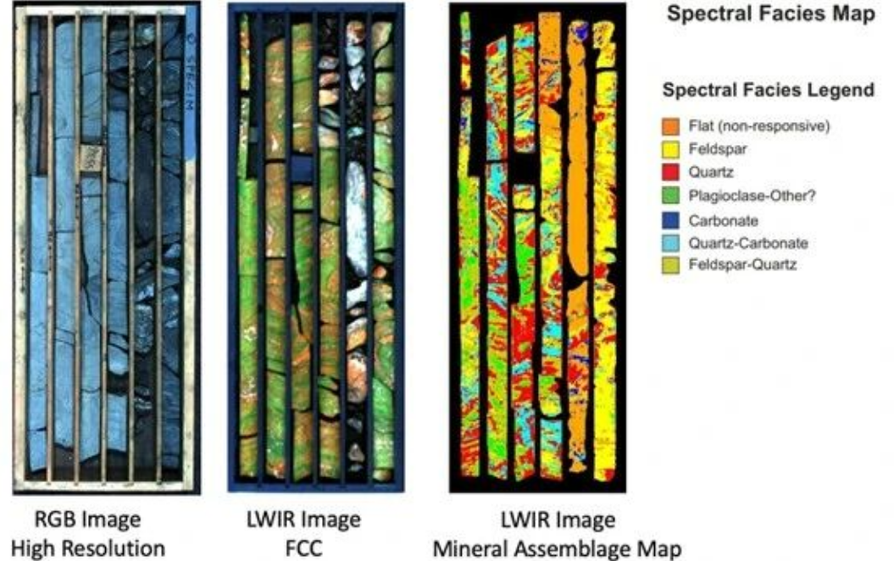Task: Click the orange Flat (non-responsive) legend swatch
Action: [x=670, y=126]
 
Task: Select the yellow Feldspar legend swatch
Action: [x=670, y=149]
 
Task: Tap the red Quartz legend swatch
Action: [x=670, y=172]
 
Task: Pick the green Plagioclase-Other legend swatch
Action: [x=670, y=196]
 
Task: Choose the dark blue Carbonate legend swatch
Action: [x=670, y=220]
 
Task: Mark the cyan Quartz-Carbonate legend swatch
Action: [x=670, y=243]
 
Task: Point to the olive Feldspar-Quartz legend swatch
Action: [x=670, y=265]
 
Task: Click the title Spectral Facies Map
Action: [x=771, y=14]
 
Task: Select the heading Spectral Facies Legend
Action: [x=768, y=90]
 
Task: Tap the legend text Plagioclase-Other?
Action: [x=752, y=196]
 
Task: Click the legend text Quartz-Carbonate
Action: [x=748, y=243]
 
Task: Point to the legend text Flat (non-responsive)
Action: [x=759, y=126]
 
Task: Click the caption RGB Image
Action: [x=88, y=519]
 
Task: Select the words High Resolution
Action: [x=88, y=548]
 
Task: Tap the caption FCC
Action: [x=303, y=548]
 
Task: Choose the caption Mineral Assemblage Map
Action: [x=558, y=549]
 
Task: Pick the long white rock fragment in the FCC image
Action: [x=357, y=218]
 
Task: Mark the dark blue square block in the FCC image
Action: [x=301, y=169]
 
